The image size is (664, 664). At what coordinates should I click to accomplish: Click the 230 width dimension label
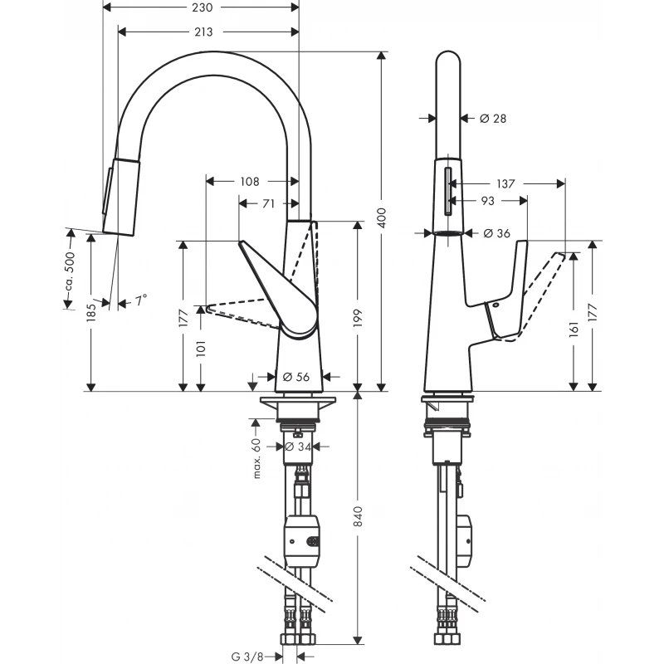(203, 7)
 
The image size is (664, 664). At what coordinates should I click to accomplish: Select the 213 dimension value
(203, 32)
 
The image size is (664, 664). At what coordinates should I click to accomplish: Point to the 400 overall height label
(382, 219)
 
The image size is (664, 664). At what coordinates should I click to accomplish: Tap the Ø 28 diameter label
(493, 119)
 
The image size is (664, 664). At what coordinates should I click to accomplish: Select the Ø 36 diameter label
(496, 234)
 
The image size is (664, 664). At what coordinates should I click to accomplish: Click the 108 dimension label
(249, 181)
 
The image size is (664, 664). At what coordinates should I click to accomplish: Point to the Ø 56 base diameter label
(296, 377)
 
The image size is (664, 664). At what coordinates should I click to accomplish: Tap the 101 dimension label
(200, 346)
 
